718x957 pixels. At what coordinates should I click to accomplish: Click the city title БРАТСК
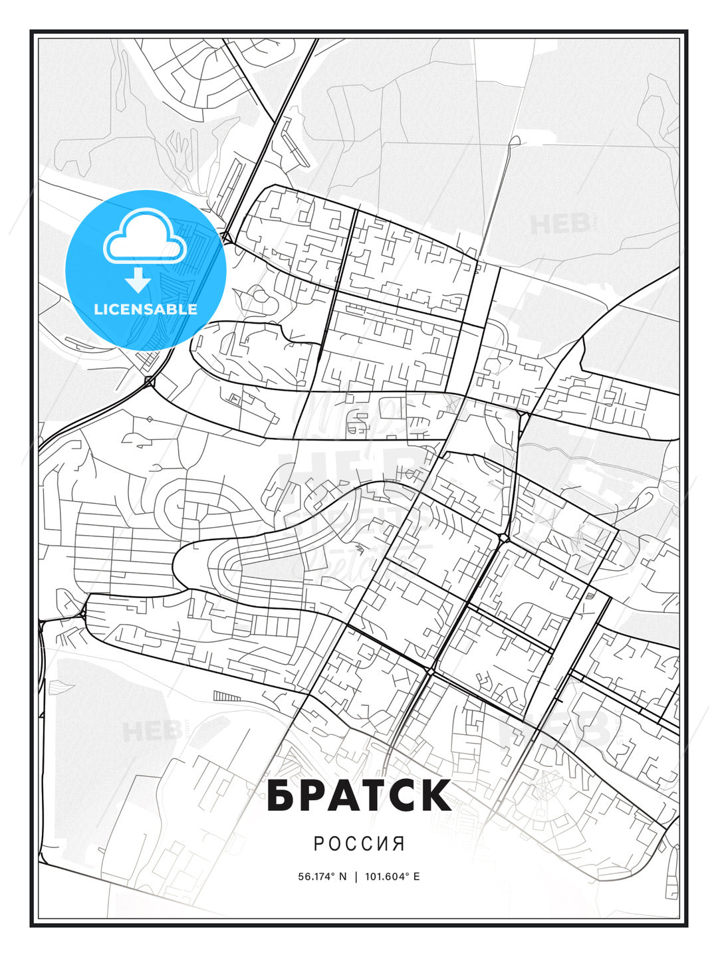(x=359, y=796)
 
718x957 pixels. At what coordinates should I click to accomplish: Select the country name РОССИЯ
(x=359, y=844)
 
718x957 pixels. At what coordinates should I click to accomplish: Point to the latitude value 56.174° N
(x=322, y=877)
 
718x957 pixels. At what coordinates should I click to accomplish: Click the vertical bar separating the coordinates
(x=356, y=877)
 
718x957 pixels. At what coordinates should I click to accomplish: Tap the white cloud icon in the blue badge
(x=144, y=237)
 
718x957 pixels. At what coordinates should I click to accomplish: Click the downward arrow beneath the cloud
(x=138, y=280)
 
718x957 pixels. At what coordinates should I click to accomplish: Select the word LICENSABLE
(x=146, y=309)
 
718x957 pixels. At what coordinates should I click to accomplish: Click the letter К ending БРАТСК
(x=434, y=796)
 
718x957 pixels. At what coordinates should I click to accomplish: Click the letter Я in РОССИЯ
(x=399, y=844)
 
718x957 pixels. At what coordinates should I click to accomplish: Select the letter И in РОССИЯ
(x=383, y=844)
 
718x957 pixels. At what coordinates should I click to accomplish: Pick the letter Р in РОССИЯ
(x=318, y=844)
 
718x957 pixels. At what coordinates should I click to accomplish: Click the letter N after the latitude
(x=343, y=877)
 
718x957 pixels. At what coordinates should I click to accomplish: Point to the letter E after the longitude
(x=417, y=877)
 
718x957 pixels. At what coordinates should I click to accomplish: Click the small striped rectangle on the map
(x=227, y=696)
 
